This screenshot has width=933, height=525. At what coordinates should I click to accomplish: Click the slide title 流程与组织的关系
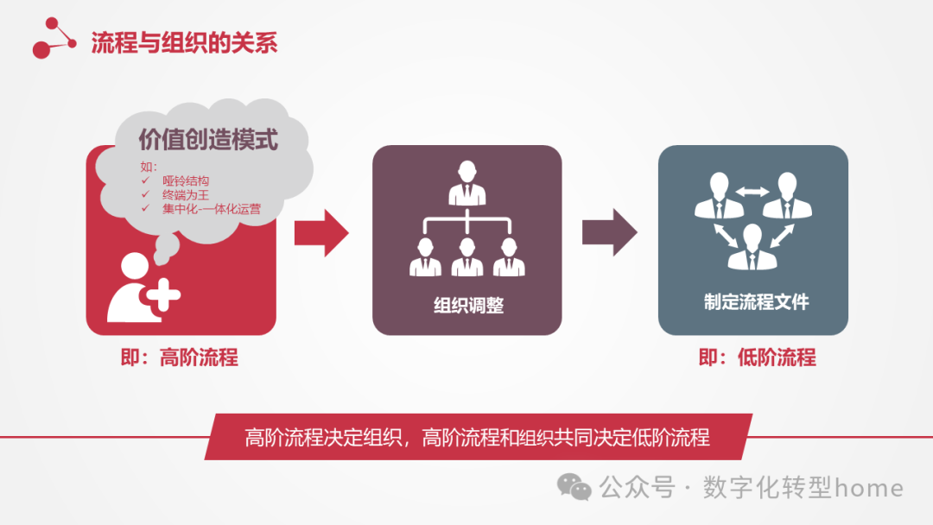tap(184, 43)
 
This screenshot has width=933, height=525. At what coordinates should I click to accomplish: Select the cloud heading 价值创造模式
tap(208, 139)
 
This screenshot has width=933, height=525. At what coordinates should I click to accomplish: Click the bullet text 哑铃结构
tap(186, 181)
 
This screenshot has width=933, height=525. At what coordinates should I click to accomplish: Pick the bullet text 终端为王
tap(186, 194)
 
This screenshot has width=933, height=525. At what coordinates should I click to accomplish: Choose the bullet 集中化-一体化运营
tap(211, 208)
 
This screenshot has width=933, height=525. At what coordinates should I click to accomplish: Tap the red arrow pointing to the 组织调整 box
tap(321, 232)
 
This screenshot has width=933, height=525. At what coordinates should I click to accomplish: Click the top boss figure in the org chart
tap(466, 180)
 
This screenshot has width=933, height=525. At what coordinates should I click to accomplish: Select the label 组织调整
tap(467, 305)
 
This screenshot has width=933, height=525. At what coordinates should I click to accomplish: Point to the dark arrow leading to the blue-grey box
tap(609, 232)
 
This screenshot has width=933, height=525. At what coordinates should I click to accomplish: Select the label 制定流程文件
tap(756, 302)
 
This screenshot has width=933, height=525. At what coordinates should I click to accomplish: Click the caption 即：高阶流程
tap(180, 357)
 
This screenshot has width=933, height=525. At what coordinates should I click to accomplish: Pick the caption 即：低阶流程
tap(757, 357)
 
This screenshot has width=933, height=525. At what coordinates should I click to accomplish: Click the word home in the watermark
tap(868, 488)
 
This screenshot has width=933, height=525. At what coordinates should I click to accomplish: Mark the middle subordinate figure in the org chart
tap(466, 256)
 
